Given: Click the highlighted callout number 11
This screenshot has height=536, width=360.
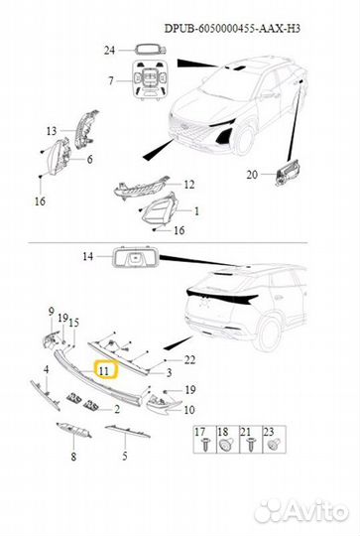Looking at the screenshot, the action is (104, 370).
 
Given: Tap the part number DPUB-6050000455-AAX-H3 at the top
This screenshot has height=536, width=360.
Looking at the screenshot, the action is (233, 29).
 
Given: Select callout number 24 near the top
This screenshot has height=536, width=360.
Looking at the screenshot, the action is (109, 51).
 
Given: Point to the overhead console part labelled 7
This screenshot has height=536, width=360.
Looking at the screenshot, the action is (150, 81).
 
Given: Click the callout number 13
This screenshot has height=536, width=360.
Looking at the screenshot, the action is (52, 131).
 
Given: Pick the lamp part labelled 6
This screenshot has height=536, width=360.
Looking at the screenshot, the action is (59, 157).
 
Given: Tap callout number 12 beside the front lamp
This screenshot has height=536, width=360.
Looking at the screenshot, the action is (188, 185).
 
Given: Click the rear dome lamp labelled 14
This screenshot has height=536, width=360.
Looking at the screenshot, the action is (135, 256).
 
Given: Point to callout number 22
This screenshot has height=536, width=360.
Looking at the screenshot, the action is (189, 359).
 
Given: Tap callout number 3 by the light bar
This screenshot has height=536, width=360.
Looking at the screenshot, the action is (169, 372).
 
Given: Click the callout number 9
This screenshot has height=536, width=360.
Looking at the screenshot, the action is (52, 312).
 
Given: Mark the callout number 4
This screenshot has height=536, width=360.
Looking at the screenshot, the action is (46, 369).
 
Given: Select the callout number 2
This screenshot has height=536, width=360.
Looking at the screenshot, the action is (117, 409).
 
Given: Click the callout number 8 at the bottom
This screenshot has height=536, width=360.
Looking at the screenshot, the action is (73, 457).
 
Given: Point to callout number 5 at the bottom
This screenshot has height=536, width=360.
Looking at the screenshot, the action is (125, 456).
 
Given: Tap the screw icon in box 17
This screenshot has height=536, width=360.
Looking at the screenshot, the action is (205, 445).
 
